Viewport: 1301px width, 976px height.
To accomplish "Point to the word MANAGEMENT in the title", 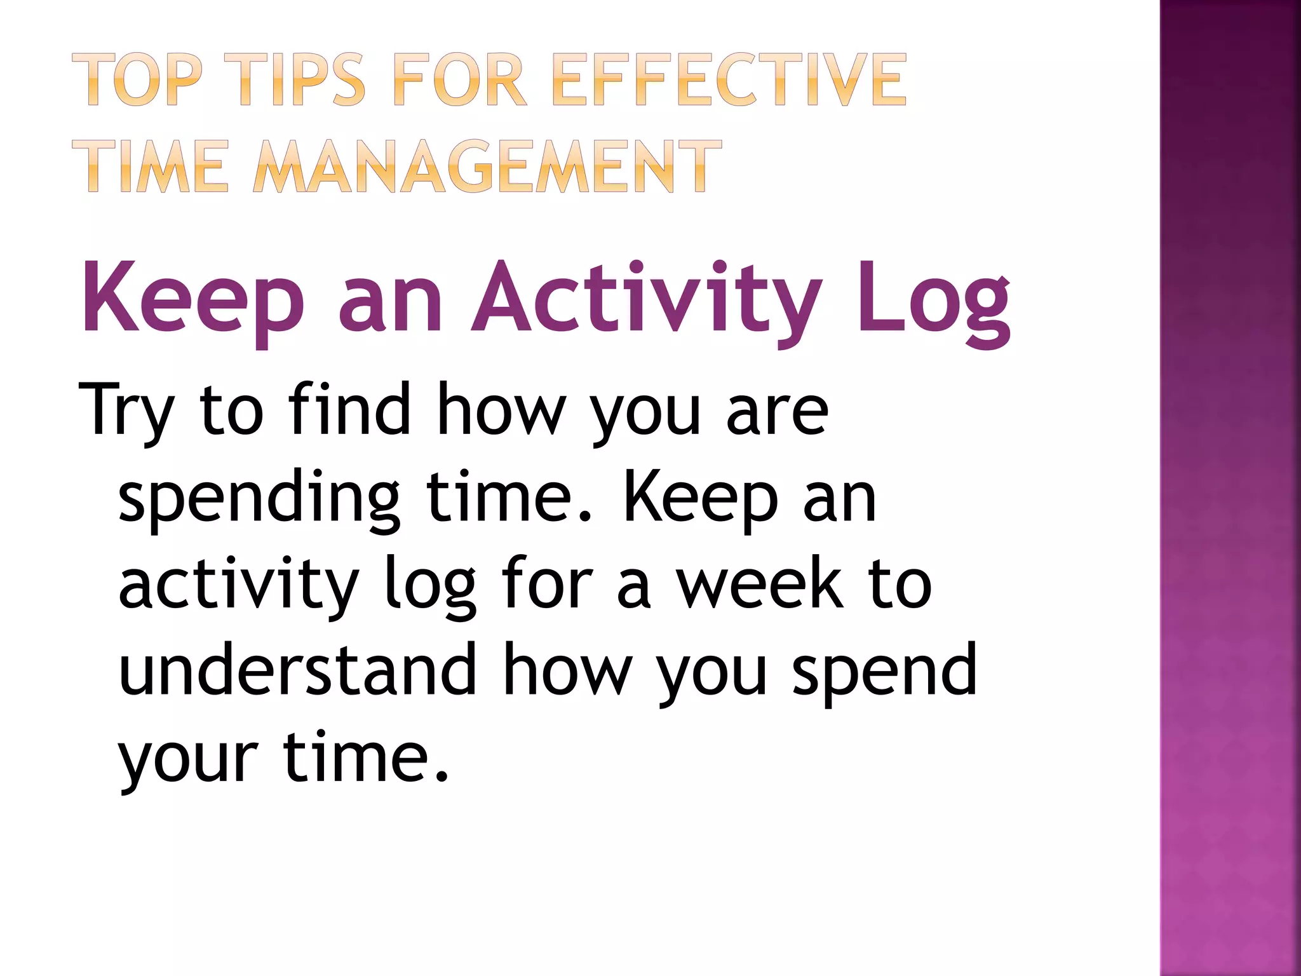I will point(487,166).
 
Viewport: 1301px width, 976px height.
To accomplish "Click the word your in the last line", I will point(188,760).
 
